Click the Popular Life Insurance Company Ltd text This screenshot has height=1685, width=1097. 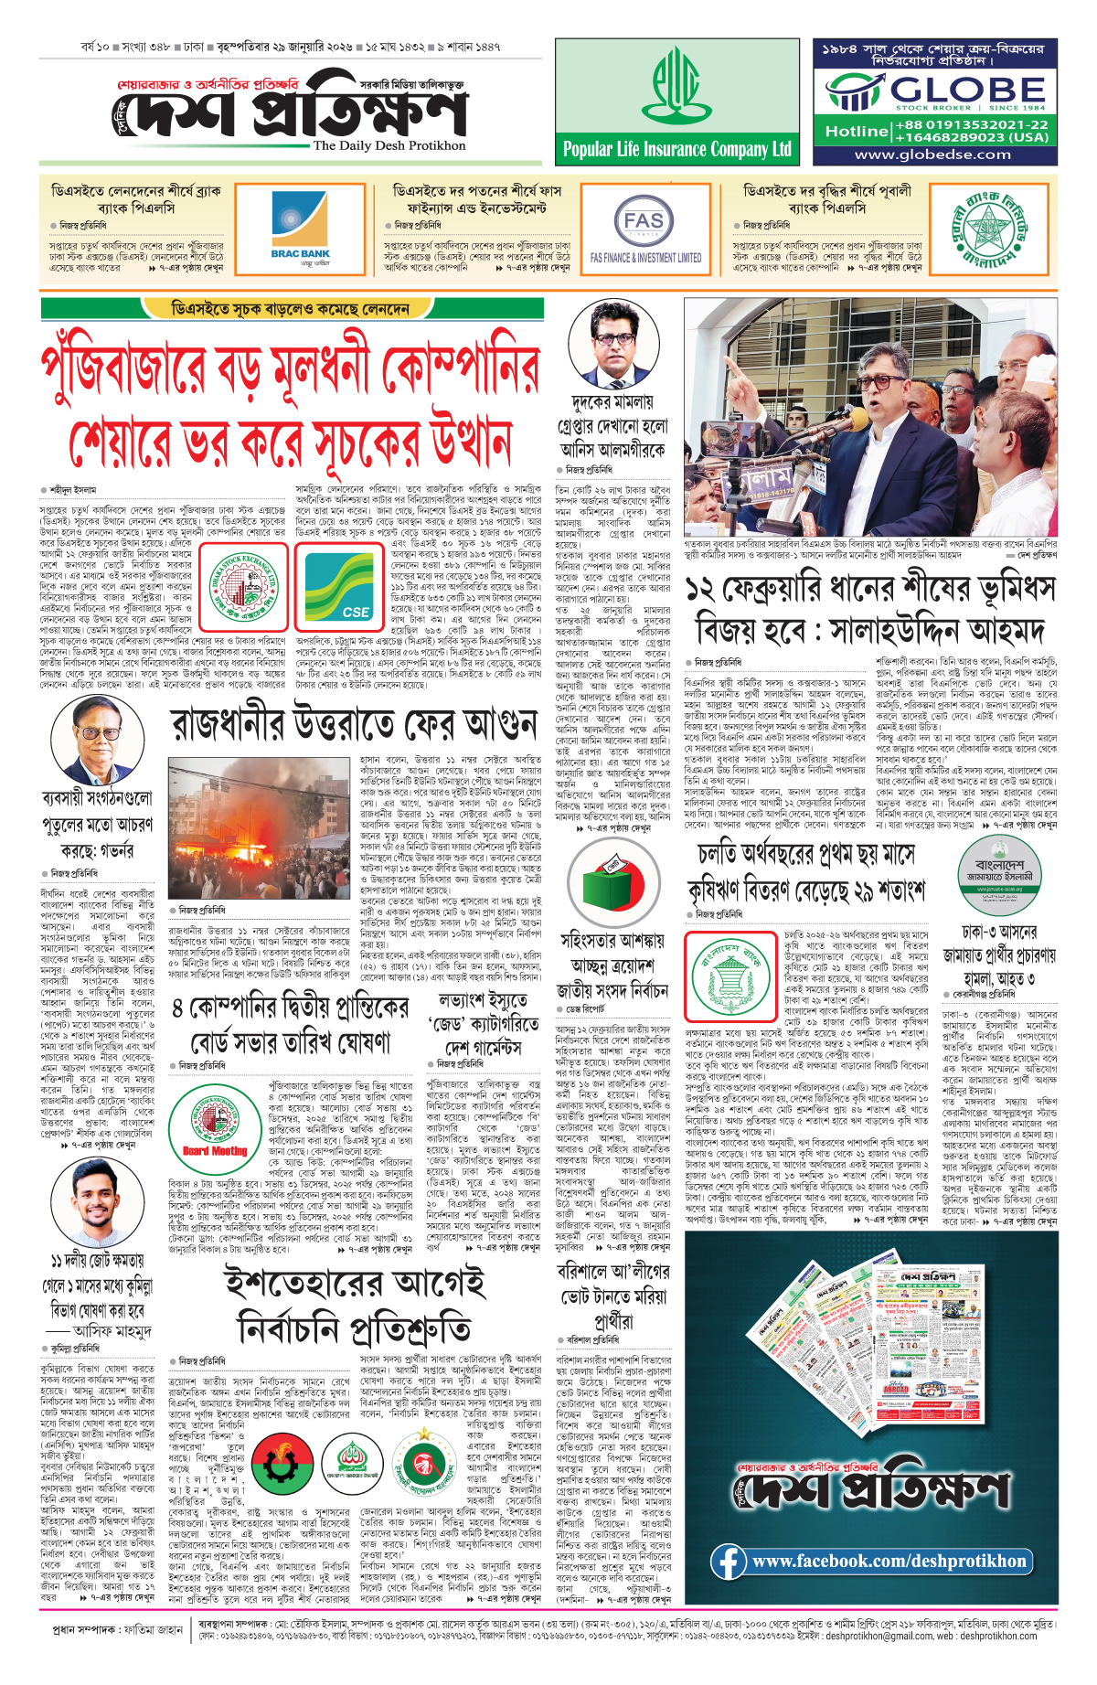click(676, 149)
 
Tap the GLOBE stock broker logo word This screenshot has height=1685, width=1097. click(967, 90)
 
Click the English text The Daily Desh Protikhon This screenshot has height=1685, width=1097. click(389, 145)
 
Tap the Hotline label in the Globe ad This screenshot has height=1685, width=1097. click(856, 131)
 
